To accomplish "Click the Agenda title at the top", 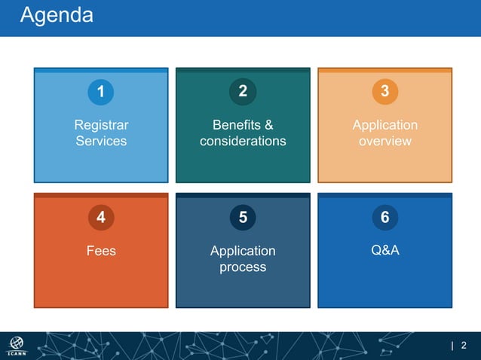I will pyautogui.click(x=57, y=15).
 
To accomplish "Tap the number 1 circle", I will pyautogui.click(x=101, y=92).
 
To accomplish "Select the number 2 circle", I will pyautogui.click(x=243, y=92).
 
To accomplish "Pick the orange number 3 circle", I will pyautogui.click(x=384, y=92).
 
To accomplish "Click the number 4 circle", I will pyautogui.click(x=101, y=218).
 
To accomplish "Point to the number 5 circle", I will pyautogui.click(x=243, y=218).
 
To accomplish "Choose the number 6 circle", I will pyautogui.click(x=384, y=218).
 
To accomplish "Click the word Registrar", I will pyautogui.click(x=101, y=125).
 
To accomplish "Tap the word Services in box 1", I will pyautogui.click(x=101, y=141).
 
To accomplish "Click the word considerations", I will pyautogui.click(x=243, y=141).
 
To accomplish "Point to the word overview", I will pyautogui.click(x=384, y=141).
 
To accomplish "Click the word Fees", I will pyautogui.click(x=101, y=251).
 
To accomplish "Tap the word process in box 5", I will pyautogui.click(x=243, y=267).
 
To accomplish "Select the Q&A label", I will pyautogui.click(x=384, y=251).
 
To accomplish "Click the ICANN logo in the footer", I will pyautogui.click(x=17, y=346).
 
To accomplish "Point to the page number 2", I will pyautogui.click(x=464, y=346).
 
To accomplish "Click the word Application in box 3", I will pyautogui.click(x=384, y=125).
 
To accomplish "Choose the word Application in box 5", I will pyautogui.click(x=243, y=251).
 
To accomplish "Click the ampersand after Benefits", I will pyautogui.click(x=268, y=125).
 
